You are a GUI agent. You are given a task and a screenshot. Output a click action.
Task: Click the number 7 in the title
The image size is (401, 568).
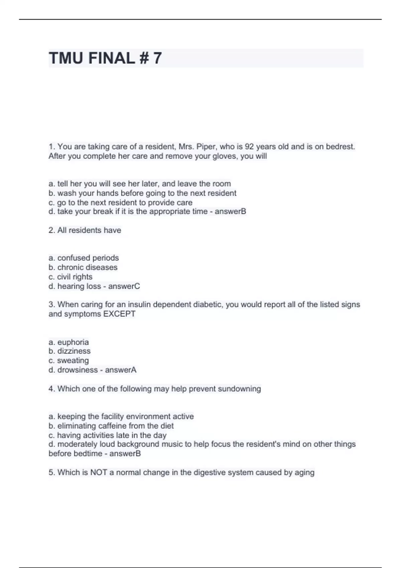(157, 58)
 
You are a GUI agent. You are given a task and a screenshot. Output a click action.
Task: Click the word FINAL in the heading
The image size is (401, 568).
(111, 58)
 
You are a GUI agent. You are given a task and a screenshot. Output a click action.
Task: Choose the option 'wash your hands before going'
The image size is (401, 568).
(147, 193)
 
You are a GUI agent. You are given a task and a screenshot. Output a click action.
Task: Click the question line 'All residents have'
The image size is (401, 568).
(85, 230)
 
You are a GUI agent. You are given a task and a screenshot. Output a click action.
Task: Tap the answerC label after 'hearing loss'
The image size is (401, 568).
(124, 286)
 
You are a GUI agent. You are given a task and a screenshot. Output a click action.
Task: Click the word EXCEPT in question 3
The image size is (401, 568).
(119, 314)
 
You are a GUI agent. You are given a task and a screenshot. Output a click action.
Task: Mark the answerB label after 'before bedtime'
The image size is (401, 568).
(125, 454)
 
